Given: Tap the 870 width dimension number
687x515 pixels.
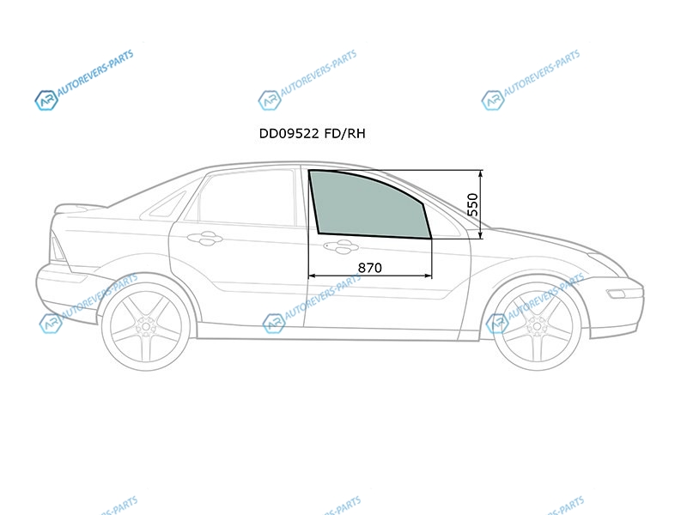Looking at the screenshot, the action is point(370,268).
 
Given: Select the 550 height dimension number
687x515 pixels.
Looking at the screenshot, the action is point(473,204).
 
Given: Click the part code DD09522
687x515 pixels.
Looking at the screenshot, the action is point(289,134).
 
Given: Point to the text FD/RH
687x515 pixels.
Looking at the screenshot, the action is point(345,134).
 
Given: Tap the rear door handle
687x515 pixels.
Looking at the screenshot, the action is point(204,239).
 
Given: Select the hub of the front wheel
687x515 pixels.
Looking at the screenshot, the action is point(538,326).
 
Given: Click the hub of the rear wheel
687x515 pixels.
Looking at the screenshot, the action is point(146,326).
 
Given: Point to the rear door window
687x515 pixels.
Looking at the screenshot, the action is point(246,198).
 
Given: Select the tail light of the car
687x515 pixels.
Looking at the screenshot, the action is point(58,247).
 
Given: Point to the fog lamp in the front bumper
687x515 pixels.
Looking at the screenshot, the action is point(617,294).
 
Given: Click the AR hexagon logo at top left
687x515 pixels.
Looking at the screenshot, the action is point(46,100).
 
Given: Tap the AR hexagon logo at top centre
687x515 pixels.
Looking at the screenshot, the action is point(270,100).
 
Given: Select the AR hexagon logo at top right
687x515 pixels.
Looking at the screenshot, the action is point(493,100).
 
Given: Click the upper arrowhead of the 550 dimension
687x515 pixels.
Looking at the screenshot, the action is point(481,173).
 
